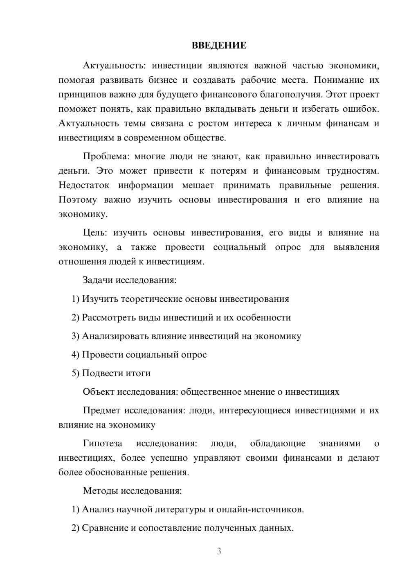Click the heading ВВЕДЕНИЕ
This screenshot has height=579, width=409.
(219, 45)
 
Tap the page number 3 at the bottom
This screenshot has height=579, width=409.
(219, 551)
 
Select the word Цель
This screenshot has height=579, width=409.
(94, 233)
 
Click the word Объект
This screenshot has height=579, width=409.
(99, 392)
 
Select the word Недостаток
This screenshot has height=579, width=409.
(84, 185)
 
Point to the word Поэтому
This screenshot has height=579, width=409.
(78, 200)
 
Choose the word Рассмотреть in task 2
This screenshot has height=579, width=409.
(108, 318)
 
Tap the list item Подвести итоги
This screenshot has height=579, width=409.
(116, 373)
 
